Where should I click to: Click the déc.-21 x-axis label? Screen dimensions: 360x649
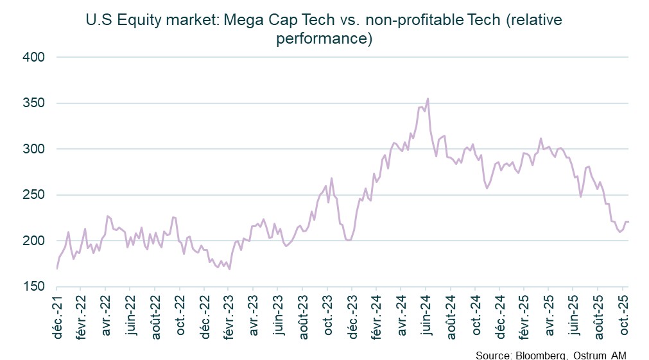coord(57,316)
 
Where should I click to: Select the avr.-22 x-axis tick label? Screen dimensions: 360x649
coord(106,316)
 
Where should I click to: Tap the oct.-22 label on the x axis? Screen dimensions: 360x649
coord(180,316)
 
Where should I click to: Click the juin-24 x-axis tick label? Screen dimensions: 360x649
coord(426,316)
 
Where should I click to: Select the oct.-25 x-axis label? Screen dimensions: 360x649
coord(623,316)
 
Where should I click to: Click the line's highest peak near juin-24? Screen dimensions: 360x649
coord(428,99)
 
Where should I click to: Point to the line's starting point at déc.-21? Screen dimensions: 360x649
coord(57,268)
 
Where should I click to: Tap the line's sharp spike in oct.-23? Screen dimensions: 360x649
coord(332,178)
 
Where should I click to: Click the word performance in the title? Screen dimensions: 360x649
coord(324,39)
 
